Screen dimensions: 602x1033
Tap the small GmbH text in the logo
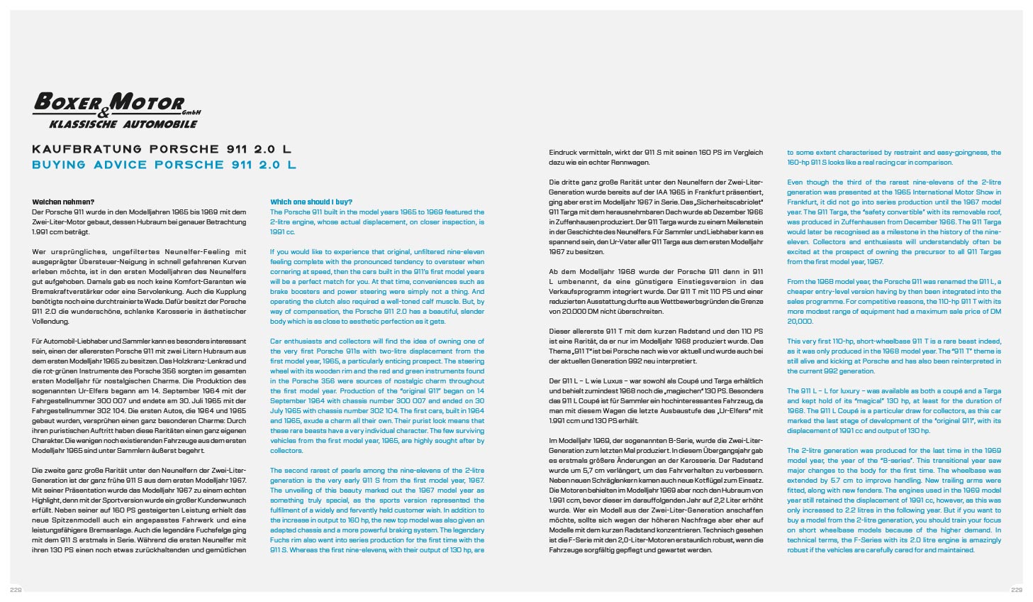pos(192,111)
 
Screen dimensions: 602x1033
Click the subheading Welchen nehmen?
pos(63,202)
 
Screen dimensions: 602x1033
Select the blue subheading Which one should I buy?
pos(311,202)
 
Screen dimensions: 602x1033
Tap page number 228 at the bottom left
pos(15,590)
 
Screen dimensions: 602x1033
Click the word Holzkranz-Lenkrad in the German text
pos(186,361)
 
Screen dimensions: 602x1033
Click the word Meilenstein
pos(742,222)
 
